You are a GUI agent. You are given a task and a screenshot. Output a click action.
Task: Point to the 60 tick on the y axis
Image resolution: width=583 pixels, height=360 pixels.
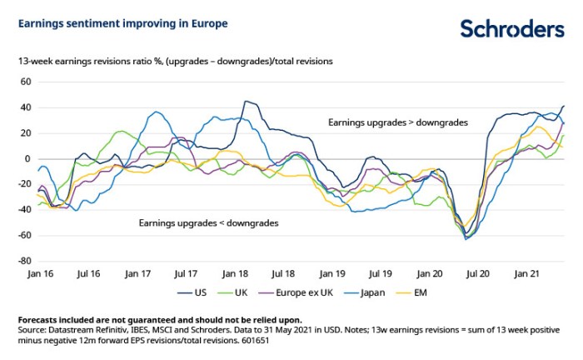[x=24, y=82]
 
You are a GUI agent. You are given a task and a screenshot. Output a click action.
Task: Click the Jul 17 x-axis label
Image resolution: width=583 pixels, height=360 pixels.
[x=186, y=273]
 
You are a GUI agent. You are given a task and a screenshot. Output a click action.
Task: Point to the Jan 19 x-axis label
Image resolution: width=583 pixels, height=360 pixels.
[x=332, y=273]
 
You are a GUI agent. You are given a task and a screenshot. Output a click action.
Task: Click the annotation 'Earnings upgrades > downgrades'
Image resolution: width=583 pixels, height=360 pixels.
[x=396, y=122]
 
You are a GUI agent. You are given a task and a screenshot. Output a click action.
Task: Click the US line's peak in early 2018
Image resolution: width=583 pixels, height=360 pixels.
[x=246, y=102]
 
